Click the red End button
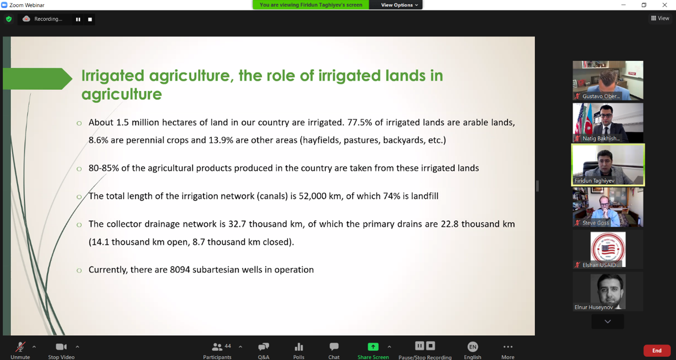pyautogui.click(x=657, y=351)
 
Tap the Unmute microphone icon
pyautogui.click(x=20, y=347)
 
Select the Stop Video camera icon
pyautogui.click(x=61, y=347)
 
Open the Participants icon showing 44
pyautogui.click(x=217, y=347)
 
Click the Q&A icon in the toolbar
pyautogui.click(x=263, y=347)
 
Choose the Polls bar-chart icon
pyautogui.click(x=299, y=347)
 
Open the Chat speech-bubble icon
pyautogui.click(x=334, y=347)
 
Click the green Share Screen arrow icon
pyautogui.click(x=373, y=347)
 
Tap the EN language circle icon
pyautogui.click(x=473, y=347)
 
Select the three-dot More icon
pyautogui.click(x=508, y=347)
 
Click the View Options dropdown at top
pyautogui.click(x=399, y=5)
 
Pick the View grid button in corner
pyautogui.click(x=660, y=18)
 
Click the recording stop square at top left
pyautogui.click(x=90, y=19)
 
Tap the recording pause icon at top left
pyautogui.click(x=78, y=19)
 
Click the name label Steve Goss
pyautogui.click(x=596, y=223)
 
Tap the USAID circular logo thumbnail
pyautogui.click(x=608, y=249)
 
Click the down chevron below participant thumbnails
pyautogui.click(x=607, y=321)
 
